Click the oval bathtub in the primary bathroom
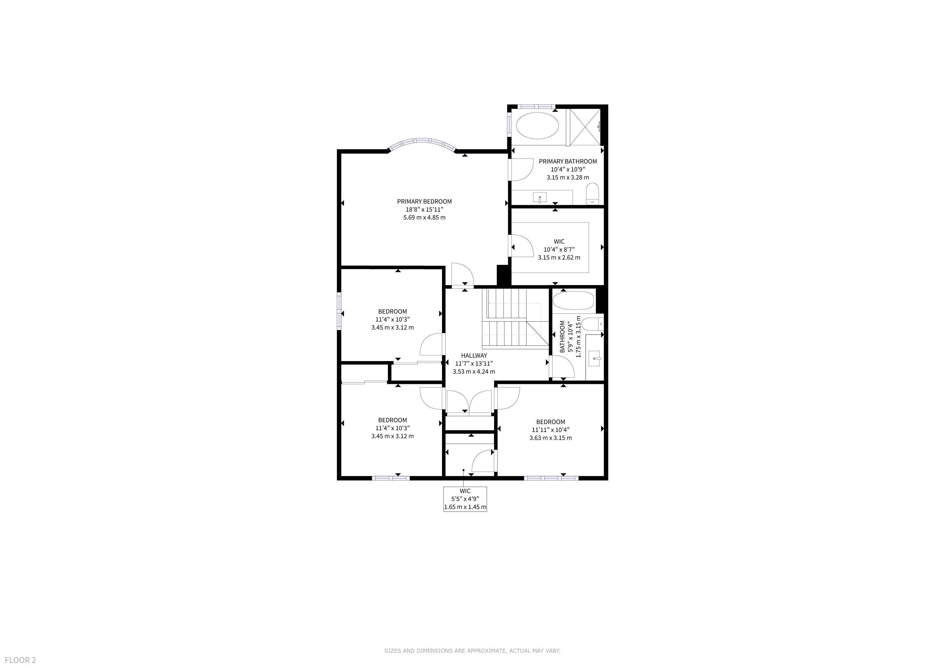(x=537, y=126)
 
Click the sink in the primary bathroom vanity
(x=540, y=198)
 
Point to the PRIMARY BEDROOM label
(x=424, y=202)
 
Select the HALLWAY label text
(x=474, y=356)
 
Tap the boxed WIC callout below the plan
(x=465, y=499)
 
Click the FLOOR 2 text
(x=21, y=660)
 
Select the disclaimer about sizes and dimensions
(x=472, y=651)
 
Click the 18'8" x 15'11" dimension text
(x=424, y=209)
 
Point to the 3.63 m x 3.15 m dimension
(x=551, y=438)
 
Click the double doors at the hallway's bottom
(x=469, y=401)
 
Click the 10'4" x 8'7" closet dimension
(x=559, y=249)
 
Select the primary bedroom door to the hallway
(x=463, y=274)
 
